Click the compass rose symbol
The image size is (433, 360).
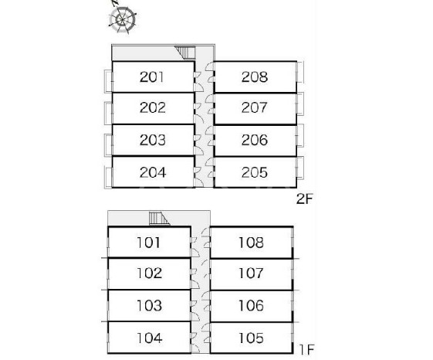122,19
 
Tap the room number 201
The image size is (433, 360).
152,76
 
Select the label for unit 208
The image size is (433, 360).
255,76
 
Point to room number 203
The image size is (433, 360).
152,140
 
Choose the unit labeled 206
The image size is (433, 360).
255,140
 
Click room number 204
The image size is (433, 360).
153,172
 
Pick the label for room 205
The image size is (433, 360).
255,172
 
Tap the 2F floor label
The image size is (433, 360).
305,199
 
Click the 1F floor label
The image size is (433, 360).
307,350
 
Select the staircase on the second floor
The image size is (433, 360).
186,53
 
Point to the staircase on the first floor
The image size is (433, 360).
159,219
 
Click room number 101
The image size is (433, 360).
148,243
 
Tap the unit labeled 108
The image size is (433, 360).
251,243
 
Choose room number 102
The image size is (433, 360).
150,273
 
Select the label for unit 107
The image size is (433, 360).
251,273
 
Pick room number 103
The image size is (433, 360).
150,305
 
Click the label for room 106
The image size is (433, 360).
251,305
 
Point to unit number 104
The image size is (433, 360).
150,338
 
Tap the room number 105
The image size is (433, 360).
251,338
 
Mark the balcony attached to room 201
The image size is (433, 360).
108,81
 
